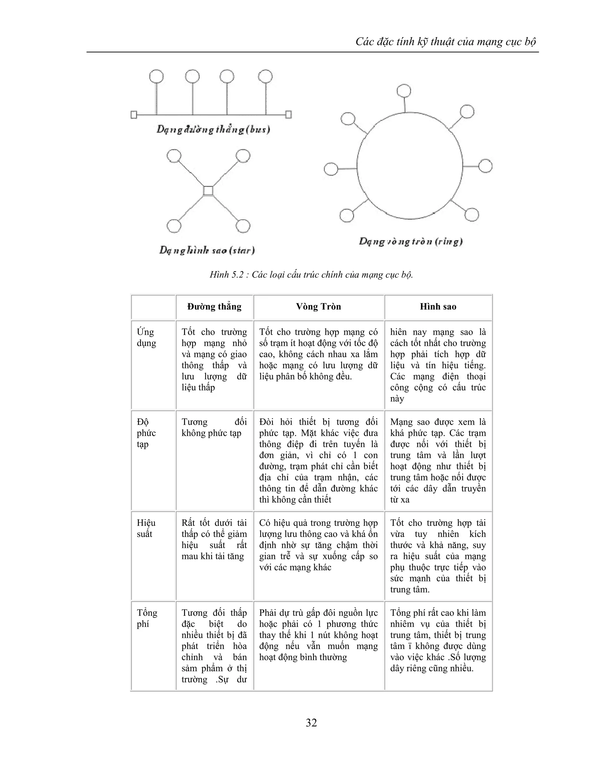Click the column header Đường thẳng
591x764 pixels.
pos(214,307)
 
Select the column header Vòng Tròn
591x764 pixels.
pos(318,307)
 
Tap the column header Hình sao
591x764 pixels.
pos(438,307)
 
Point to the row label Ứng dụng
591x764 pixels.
pos(146,337)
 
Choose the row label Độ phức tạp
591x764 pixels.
pos(146,433)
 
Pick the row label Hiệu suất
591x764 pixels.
pos(146,528)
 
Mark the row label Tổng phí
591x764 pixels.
pos(147,618)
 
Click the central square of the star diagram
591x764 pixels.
pos(208,191)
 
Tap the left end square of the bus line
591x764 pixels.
pos(134,115)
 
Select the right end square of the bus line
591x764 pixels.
pos(288,114)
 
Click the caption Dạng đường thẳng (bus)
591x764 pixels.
pos(213,130)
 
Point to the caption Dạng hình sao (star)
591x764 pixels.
pos(207,250)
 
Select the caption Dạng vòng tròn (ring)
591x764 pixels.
pos(411,241)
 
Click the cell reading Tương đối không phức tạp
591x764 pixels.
pos(214,428)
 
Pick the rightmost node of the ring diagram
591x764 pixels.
pos(485,166)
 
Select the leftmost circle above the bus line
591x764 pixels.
pos(156,76)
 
